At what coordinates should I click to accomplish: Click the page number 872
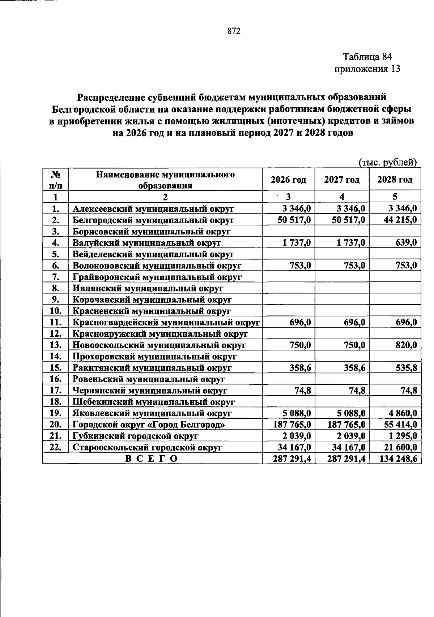[234, 31]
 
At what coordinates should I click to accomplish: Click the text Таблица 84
[367, 57]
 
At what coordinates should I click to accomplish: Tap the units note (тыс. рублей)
[388, 163]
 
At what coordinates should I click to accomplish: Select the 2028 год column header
[395, 180]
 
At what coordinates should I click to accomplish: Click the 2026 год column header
[288, 180]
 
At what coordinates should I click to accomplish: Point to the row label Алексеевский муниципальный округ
[153, 208]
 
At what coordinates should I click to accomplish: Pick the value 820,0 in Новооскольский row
[406, 345]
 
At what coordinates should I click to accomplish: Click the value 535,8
[406, 368]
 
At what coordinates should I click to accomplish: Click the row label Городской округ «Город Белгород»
[149, 424]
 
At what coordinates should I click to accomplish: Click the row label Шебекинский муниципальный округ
[154, 402]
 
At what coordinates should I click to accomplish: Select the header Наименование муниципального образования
[165, 180]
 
